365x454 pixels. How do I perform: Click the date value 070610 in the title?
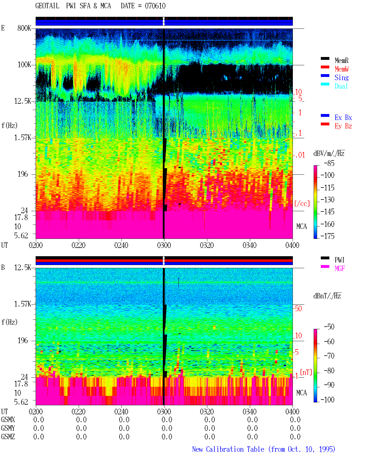click(155, 6)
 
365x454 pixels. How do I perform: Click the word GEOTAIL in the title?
click(47, 6)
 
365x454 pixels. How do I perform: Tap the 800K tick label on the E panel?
click(24, 28)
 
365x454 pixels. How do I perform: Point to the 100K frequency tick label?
click(24, 65)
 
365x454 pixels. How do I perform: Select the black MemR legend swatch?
click(325, 58)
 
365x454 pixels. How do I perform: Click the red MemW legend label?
click(342, 69)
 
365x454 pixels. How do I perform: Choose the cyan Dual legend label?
click(341, 86)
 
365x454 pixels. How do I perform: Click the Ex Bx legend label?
click(343, 117)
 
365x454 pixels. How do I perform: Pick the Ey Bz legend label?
click(343, 126)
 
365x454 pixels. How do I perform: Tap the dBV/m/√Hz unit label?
click(329, 153)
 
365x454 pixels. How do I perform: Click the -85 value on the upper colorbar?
click(329, 163)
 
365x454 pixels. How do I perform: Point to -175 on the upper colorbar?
click(327, 236)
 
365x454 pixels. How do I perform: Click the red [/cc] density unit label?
click(302, 203)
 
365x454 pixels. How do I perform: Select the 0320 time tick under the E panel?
click(207, 245)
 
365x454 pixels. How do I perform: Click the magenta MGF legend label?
click(340, 268)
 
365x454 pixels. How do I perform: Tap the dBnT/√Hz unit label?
click(327, 296)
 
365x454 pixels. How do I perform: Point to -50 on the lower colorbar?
click(329, 327)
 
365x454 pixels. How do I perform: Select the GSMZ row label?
click(8, 437)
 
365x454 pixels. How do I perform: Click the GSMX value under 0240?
click(124, 420)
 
